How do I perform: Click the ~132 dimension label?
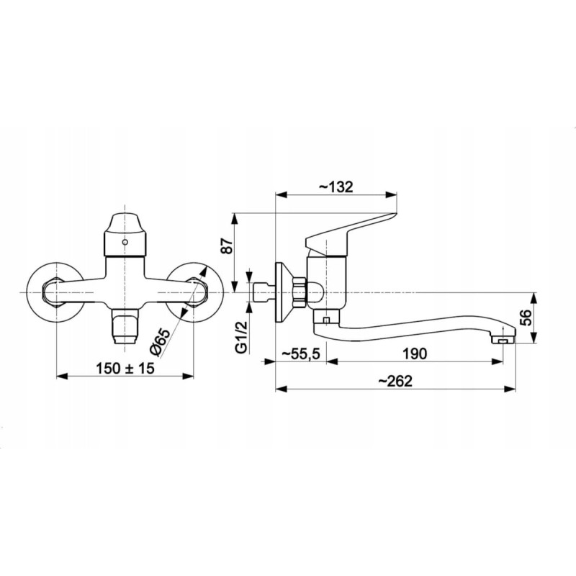click(336, 186)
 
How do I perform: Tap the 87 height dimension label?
click(227, 246)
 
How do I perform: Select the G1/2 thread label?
click(241, 336)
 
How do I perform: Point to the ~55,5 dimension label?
click(301, 354)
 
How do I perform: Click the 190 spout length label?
click(415, 354)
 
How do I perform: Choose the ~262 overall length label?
click(395, 381)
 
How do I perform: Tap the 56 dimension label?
click(526, 318)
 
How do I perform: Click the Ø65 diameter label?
click(161, 341)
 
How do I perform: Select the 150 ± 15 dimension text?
click(125, 368)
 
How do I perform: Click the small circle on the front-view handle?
click(125, 243)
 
